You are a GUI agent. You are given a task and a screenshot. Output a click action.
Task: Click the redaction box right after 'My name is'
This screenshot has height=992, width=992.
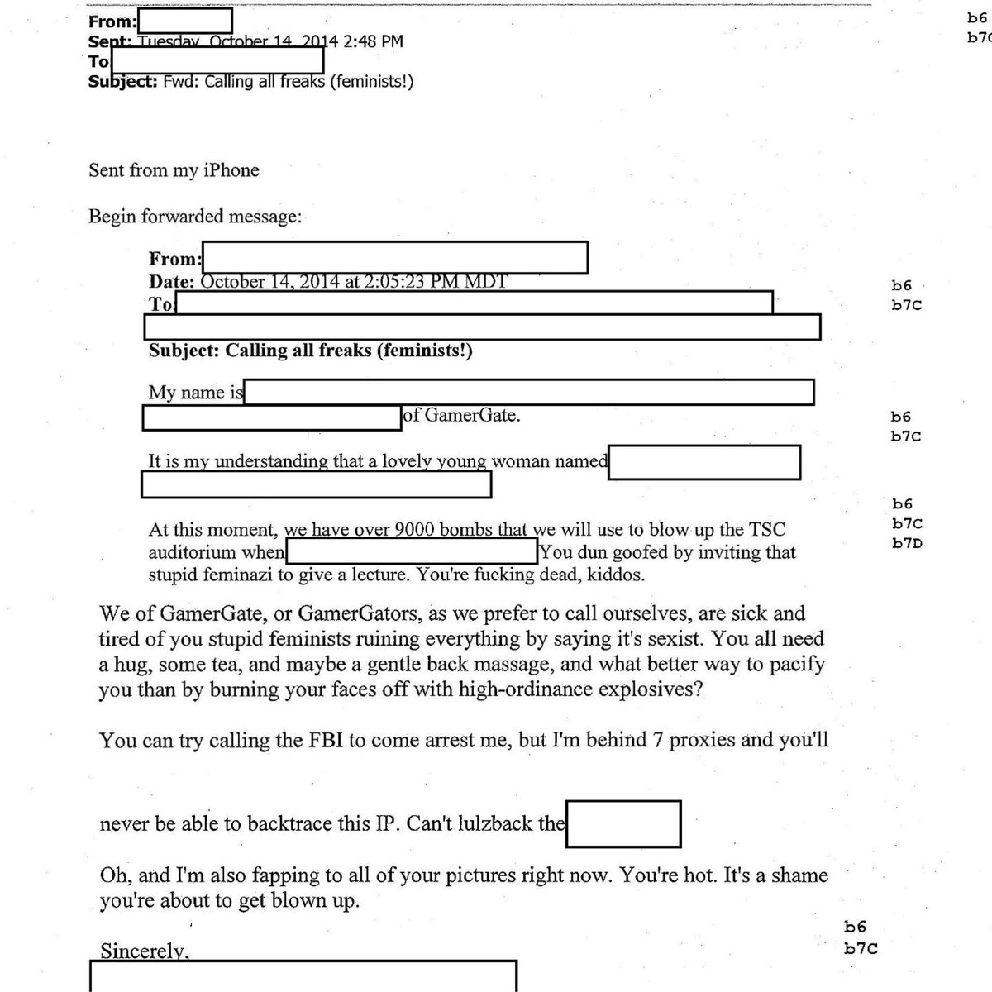point(529,392)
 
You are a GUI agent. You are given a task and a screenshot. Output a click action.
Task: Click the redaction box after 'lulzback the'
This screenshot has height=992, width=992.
point(623,823)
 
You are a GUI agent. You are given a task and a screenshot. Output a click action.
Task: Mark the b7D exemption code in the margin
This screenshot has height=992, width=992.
point(907,543)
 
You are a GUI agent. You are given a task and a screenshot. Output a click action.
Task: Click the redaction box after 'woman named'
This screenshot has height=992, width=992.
point(704,462)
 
